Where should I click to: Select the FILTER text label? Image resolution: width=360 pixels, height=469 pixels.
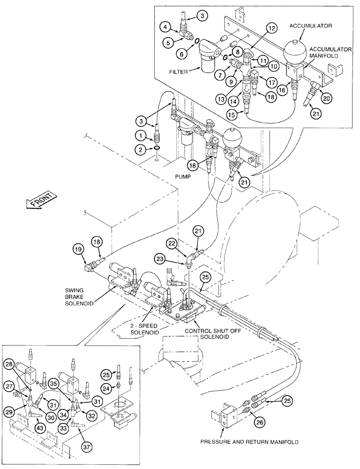(179, 73)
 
